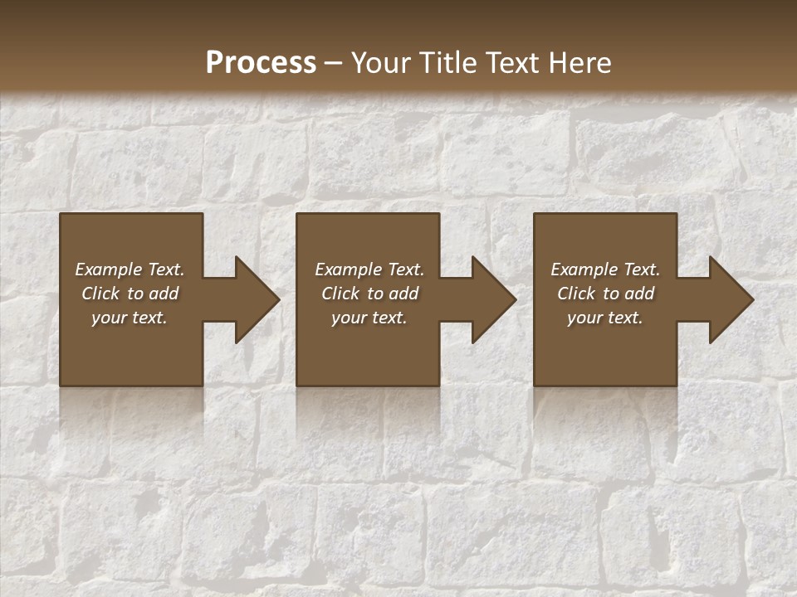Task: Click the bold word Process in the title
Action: coord(261,63)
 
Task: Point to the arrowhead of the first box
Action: coord(254,300)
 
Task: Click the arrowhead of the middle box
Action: coord(491,300)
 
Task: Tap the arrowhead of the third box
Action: coord(729,300)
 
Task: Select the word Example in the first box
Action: coord(109,269)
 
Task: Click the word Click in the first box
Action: coord(100,294)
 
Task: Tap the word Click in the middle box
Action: coord(340,294)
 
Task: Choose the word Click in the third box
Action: coord(575,294)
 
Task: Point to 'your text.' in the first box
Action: coord(130,318)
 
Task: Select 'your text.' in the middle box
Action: coord(369,318)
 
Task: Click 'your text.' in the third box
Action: coord(604,318)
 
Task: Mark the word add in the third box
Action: coord(640,294)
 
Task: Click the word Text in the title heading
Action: coord(511,63)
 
